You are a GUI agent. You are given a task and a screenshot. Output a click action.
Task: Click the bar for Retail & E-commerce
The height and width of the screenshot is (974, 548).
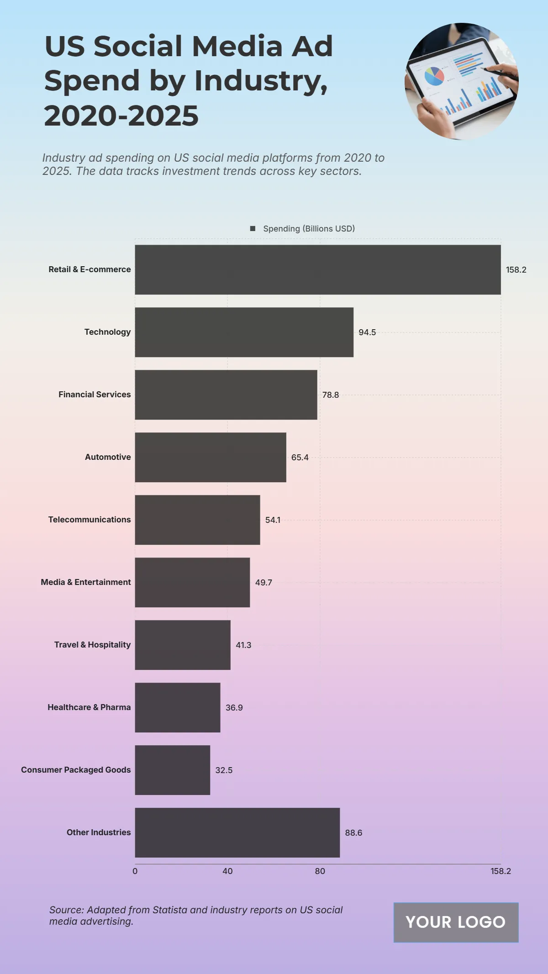point(317,269)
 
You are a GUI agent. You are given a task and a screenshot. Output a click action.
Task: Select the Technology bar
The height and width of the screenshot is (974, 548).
point(244,332)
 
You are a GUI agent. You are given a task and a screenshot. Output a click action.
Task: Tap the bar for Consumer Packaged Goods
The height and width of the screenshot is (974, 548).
point(172,770)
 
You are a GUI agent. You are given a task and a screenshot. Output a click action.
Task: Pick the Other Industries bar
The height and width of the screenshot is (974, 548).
point(237,832)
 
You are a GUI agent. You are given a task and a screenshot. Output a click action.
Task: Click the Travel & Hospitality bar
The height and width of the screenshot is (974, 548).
point(182,645)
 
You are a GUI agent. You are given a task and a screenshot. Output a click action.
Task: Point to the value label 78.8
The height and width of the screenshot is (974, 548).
point(330,395)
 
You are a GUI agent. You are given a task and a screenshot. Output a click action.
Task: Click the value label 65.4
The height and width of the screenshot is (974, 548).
point(300,458)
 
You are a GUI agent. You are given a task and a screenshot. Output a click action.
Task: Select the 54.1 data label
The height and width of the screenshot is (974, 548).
point(273,520)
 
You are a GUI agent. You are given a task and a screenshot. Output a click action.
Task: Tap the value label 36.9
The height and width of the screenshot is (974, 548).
point(234,708)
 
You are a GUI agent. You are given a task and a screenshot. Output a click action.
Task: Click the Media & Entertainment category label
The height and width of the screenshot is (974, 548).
point(86,582)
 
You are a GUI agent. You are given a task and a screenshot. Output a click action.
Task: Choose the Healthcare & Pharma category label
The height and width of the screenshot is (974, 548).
point(89,707)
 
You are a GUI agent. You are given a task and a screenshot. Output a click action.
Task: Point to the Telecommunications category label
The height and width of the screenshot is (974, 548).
point(90,520)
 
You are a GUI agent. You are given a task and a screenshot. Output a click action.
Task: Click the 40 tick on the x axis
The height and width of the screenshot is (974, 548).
point(227,871)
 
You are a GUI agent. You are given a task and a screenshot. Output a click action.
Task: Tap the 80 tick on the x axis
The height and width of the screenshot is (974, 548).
point(320,871)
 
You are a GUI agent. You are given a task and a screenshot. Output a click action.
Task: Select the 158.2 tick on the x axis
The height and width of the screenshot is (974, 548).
point(501,871)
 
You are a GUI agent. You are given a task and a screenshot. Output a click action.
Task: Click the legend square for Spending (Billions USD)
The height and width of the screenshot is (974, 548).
point(253,228)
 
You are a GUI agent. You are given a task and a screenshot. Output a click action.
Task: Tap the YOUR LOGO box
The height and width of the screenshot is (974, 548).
point(456,922)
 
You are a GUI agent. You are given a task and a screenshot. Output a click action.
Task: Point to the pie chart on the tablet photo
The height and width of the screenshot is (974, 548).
point(434,76)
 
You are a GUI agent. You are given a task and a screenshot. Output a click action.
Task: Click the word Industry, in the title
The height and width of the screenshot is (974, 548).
point(261,81)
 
